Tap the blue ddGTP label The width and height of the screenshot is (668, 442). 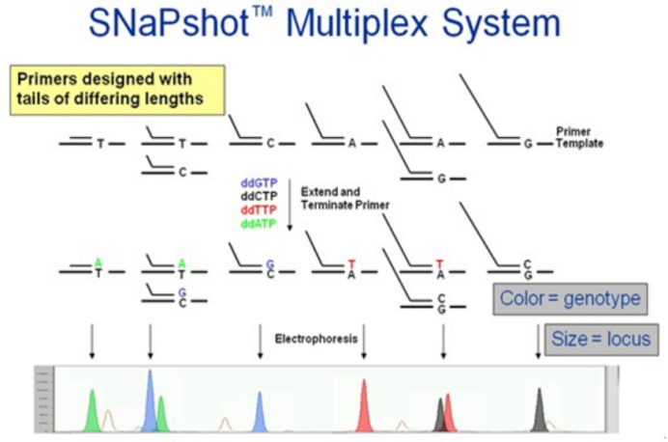258,182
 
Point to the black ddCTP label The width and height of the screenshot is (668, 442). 258,196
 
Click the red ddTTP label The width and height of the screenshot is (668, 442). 258,209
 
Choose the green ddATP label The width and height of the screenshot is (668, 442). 258,224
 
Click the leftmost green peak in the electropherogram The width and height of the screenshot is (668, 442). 93,410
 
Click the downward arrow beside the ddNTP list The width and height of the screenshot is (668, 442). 291,203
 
